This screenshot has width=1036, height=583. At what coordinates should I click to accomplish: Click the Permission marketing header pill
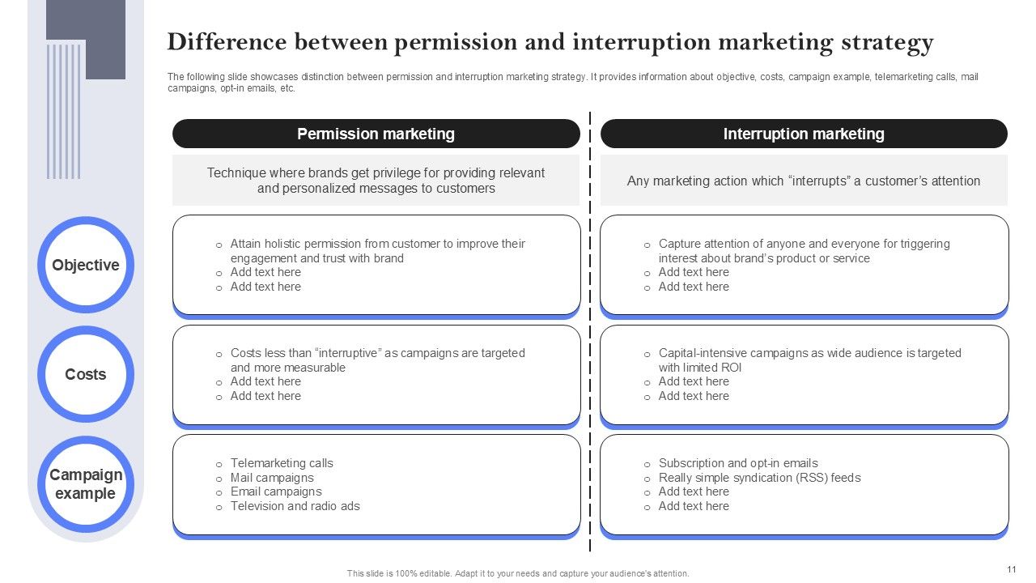coord(376,134)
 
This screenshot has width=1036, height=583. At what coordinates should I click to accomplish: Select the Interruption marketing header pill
coord(804,134)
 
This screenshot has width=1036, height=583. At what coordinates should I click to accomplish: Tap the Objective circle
coord(85,265)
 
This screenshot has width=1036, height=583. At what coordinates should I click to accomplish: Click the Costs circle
coord(85,374)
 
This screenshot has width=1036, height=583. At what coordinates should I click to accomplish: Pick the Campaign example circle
coord(85,483)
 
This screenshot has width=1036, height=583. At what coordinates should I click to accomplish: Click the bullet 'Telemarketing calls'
coord(282,463)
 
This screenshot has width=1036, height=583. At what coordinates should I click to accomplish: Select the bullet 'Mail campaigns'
coord(272,478)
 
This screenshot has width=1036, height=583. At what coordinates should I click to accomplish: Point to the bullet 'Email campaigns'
coord(276,492)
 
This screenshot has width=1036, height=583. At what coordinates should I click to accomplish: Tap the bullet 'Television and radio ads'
coord(295,506)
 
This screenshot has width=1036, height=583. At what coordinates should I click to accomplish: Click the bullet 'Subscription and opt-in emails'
coord(738,463)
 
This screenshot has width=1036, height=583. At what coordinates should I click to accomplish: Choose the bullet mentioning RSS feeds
coord(759,478)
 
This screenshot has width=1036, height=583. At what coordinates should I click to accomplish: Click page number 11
coord(1012,570)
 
